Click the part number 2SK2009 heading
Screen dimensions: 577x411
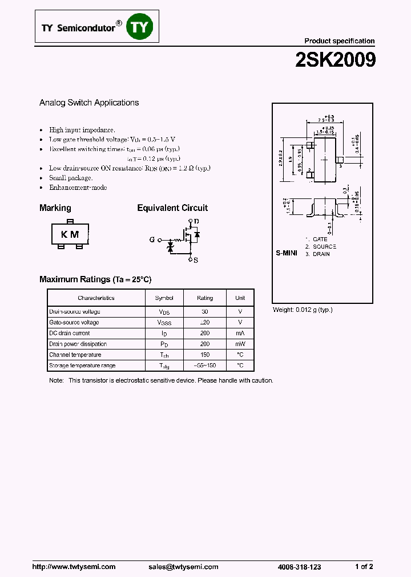coord(335,60)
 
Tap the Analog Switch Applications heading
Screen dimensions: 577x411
coord(89,103)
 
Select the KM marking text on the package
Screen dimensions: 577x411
coord(70,234)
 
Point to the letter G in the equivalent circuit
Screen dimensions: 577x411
coord(152,239)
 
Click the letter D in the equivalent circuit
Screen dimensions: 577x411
coord(196,221)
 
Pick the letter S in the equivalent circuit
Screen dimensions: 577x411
coord(196,260)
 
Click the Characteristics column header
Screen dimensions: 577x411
coord(96,298)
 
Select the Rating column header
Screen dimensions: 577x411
coord(205,298)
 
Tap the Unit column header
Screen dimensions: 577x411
coord(240,298)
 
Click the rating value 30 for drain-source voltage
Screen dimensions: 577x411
coord(205,312)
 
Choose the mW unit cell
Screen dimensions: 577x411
coord(240,344)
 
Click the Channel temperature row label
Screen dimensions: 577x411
coord(75,355)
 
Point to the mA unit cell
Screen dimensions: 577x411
coord(240,333)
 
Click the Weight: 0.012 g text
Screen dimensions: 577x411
coord(303,310)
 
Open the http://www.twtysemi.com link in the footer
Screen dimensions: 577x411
coord(74,567)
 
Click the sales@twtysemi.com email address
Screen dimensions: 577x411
coord(183,567)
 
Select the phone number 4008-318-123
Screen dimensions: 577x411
coord(299,567)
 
